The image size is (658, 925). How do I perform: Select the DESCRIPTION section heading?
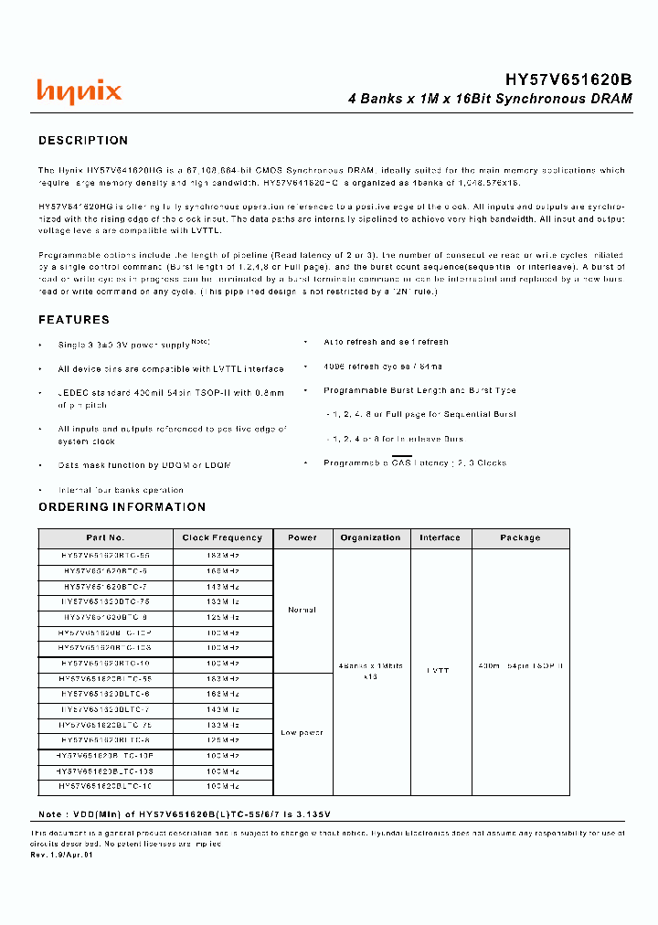(83, 141)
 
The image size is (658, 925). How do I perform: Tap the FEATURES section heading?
(74, 320)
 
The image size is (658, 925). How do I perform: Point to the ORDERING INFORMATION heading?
(122, 507)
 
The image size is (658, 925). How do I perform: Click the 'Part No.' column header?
(105, 538)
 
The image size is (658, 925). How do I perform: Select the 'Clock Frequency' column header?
(222, 538)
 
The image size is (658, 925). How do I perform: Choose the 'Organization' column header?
(370, 538)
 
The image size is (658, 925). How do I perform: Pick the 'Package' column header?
(520, 538)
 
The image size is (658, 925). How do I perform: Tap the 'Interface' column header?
(440, 538)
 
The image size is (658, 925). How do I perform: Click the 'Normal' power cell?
(302, 610)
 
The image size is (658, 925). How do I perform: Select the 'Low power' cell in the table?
(302, 733)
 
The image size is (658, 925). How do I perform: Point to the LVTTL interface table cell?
(440, 671)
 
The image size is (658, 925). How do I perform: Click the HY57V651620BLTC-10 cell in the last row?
(105, 786)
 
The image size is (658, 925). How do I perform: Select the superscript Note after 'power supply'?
(200, 341)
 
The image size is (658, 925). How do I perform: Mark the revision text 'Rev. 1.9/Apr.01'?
(63, 855)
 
